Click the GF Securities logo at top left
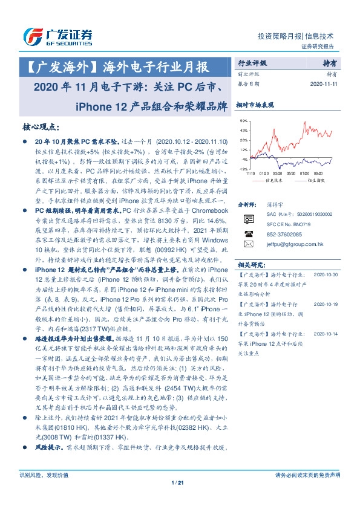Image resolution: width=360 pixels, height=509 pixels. point(57,36)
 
